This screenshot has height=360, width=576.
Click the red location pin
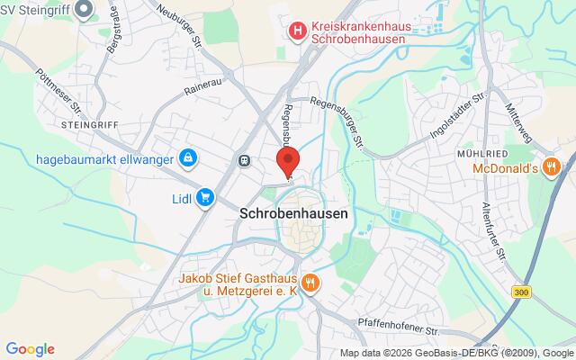tap(287, 163)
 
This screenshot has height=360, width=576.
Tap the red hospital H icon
tap(296, 32)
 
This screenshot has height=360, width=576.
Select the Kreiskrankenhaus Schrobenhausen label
tap(354, 32)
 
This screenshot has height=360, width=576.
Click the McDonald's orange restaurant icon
tap(553, 166)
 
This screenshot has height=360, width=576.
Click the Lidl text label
tap(183, 198)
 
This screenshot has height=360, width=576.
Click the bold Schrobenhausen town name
tap(294, 214)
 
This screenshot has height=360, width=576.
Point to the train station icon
tap(244, 160)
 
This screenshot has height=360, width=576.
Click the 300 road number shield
tap(520, 292)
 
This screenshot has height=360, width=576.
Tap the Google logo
tap(30, 349)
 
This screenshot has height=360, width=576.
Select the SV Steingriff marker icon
tap(85, 10)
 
